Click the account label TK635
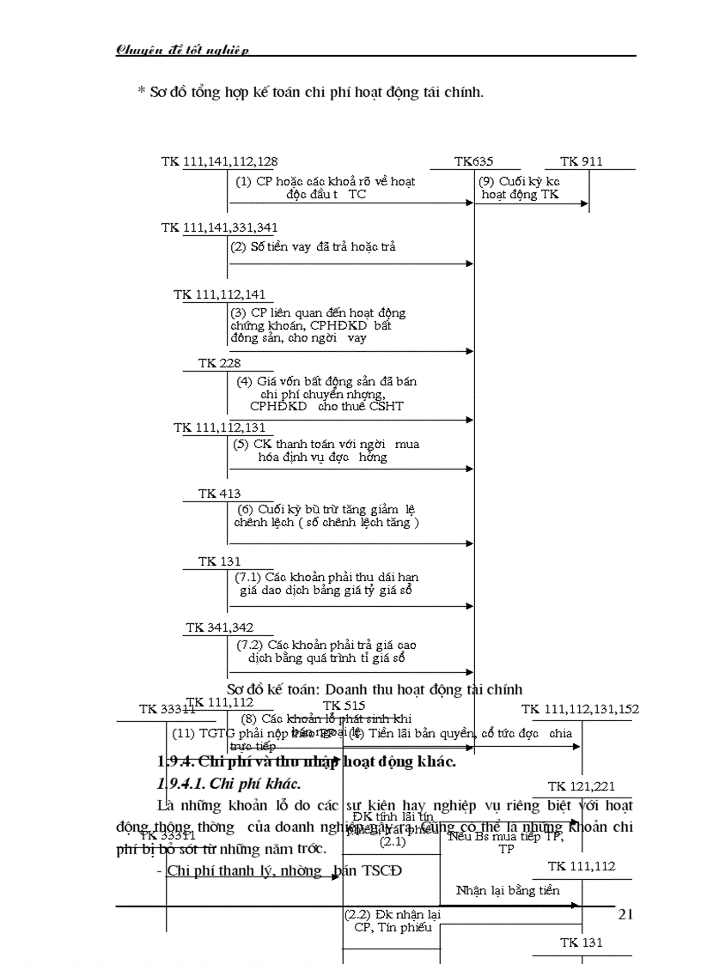click(473, 161)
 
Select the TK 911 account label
click(581, 161)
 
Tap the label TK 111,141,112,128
click(219, 161)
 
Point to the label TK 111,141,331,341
click(219, 227)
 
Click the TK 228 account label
click(219, 363)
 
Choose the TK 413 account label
click(219, 494)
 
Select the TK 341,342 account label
click(219, 628)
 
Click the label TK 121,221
click(581, 786)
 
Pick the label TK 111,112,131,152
click(580, 709)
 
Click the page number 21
click(625, 915)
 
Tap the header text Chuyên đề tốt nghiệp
click(182, 50)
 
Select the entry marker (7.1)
click(249, 577)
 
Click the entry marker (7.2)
click(249, 644)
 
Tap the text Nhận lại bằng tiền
click(507, 890)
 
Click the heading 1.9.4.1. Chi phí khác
click(229, 784)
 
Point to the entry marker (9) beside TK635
click(488, 181)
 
